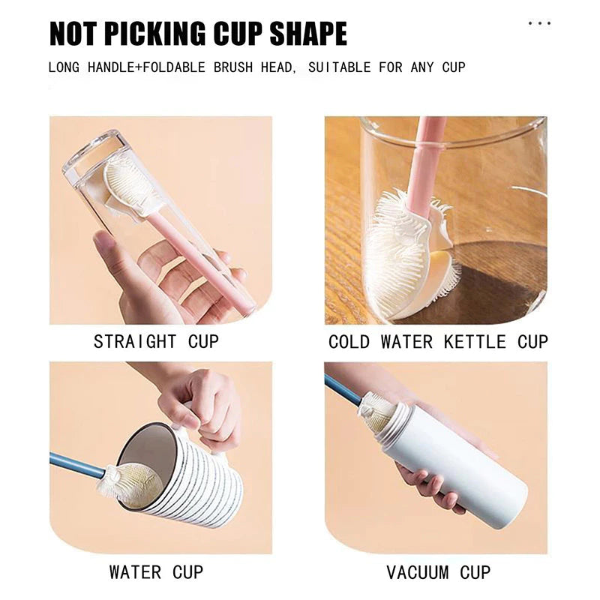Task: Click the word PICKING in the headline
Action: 154,34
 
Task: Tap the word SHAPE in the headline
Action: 308,34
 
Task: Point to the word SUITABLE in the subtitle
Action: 340,67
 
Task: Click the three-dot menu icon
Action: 539,23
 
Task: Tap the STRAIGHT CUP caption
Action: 156,342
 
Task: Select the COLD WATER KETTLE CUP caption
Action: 438,342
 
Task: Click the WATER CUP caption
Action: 156,572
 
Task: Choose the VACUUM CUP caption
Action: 438,572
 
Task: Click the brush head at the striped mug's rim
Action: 129,484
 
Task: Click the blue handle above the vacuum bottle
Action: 343,389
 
